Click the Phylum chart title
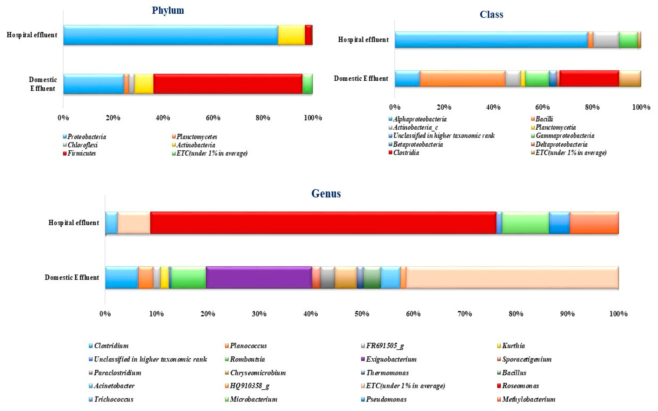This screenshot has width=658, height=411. (x=168, y=10)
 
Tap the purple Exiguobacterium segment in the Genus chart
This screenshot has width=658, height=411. (x=259, y=277)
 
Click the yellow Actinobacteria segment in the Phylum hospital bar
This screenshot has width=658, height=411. (x=291, y=35)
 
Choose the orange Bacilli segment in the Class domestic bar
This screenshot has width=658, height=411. (x=462, y=79)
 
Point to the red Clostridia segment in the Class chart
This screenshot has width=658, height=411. (x=589, y=79)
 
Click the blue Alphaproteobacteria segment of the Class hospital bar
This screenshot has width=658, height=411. (x=491, y=40)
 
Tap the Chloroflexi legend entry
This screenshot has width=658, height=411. (x=82, y=145)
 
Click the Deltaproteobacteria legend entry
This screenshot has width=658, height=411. (x=561, y=144)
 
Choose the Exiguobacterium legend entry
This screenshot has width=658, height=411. (x=391, y=359)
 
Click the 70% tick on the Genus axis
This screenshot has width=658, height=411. (x=464, y=314)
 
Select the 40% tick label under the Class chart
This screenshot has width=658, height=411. (x=493, y=107)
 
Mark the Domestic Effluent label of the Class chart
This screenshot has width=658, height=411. (x=361, y=79)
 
